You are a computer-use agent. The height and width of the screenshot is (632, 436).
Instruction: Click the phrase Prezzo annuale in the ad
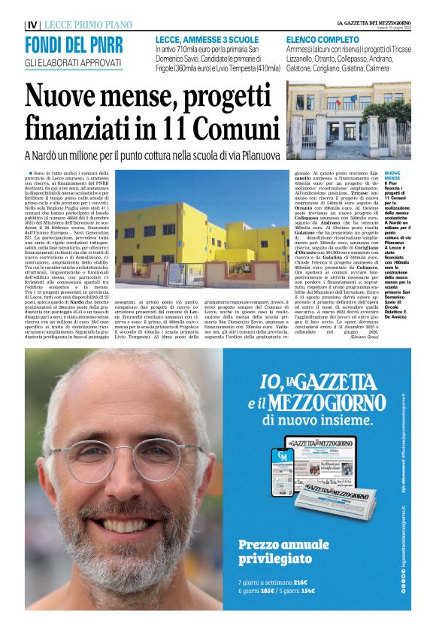tap(279, 545)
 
